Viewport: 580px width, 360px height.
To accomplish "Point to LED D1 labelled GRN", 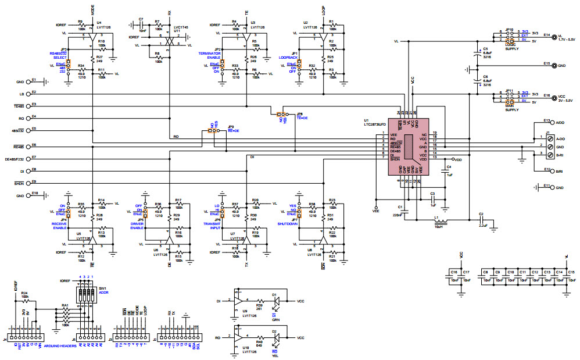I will (x=275, y=301).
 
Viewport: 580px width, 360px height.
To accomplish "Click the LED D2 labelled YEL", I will (x=275, y=337).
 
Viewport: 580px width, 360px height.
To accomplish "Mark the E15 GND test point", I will (x=554, y=66).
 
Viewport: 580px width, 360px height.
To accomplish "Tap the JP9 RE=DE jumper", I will (x=214, y=131).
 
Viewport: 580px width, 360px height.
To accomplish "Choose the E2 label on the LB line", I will (x=34, y=92).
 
